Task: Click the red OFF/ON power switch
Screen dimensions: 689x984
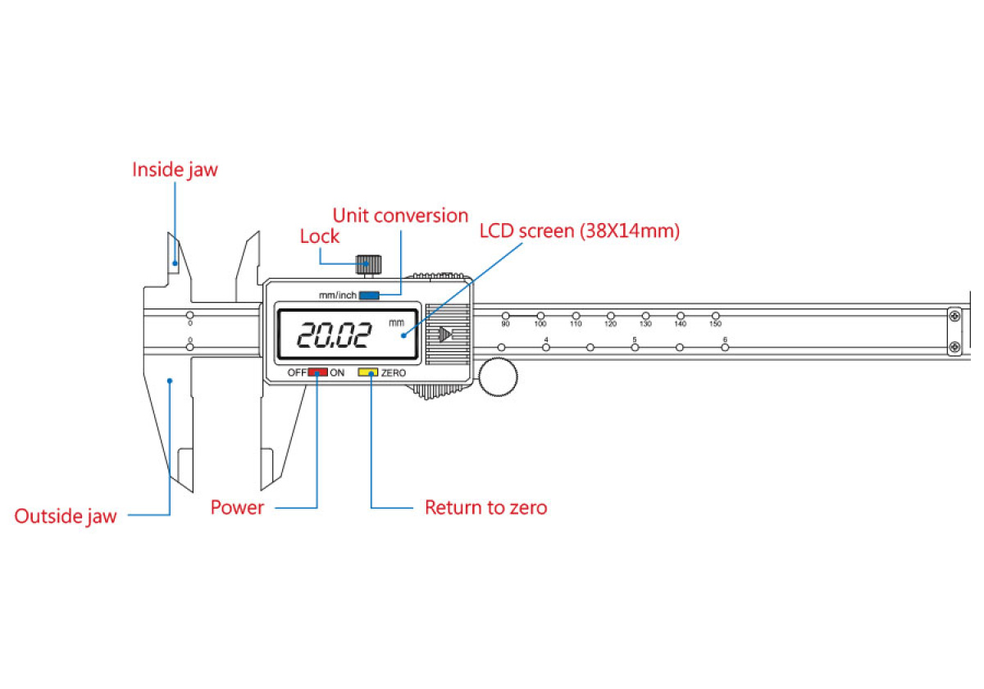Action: click(317, 372)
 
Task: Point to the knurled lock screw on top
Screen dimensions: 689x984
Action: click(368, 264)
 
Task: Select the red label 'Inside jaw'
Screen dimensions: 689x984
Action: click(175, 170)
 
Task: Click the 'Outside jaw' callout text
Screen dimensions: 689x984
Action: click(66, 516)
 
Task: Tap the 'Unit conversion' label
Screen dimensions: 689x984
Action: click(400, 216)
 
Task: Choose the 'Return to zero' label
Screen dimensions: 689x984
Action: click(485, 508)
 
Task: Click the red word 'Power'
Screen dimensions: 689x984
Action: click(237, 508)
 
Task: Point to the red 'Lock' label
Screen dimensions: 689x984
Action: click(320, 236)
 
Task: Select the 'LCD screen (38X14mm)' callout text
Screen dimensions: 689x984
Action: click(580, 231)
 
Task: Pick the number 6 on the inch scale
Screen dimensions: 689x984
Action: click(725, 340)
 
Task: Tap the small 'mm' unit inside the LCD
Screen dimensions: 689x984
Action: click(397, 322)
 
